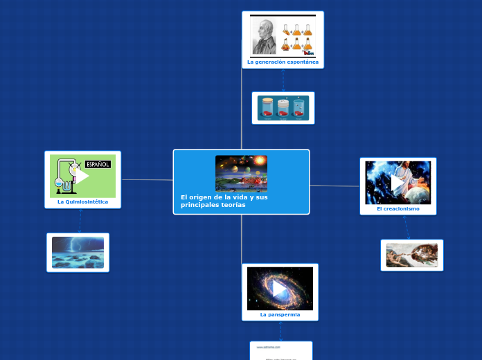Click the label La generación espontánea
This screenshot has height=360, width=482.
[283, 62]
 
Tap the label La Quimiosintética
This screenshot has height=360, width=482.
[82, 201]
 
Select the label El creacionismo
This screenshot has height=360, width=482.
[398, 208]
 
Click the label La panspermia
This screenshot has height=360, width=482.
[280, 314]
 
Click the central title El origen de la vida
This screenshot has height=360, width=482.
[224, 201]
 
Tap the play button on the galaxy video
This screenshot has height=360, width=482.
[279, 288]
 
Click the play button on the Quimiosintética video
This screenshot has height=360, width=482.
[82, 176]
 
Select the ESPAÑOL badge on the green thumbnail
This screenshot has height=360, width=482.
[98, 164]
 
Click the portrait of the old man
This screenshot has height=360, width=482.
[264, 36]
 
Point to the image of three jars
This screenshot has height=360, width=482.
[283, 108]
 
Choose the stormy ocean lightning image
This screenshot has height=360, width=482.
[78, 253]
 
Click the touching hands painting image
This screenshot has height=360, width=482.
[411, 255]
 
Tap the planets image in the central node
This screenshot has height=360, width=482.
[241, 173]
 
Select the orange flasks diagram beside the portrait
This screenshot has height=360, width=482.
[297, 37]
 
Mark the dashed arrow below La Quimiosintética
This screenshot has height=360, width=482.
[80, 221]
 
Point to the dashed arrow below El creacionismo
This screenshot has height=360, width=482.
[406, 227]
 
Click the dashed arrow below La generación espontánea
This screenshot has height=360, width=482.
[283, 80]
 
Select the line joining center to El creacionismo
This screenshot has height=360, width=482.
[334, 186]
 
